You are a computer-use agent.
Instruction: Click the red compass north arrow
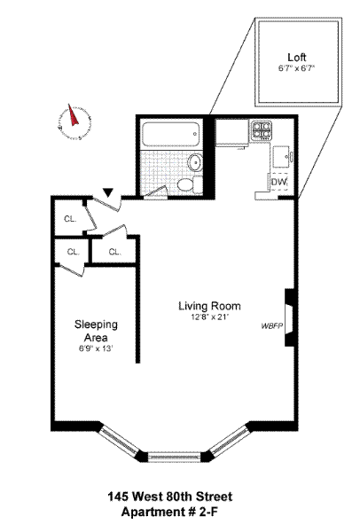74,115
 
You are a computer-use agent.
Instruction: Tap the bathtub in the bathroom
170,135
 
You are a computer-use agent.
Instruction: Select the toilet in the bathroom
186,184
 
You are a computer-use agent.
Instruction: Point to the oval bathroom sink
196,162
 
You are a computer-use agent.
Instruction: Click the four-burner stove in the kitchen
262,131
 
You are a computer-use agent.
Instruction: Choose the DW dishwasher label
278,182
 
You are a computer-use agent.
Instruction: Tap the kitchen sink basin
282,156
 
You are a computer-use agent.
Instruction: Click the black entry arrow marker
108,192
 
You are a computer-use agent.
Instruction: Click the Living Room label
209,306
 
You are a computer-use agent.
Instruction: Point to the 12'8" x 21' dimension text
209,318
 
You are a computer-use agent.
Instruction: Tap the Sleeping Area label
96,331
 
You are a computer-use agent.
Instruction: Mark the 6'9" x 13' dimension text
96,348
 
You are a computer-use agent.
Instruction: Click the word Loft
297,57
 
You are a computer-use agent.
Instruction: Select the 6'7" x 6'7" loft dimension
297,68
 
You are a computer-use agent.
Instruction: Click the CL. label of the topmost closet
70,219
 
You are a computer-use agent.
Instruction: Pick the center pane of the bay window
175,457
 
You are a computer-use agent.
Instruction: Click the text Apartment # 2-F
169,512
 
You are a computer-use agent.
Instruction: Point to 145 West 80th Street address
170,497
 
